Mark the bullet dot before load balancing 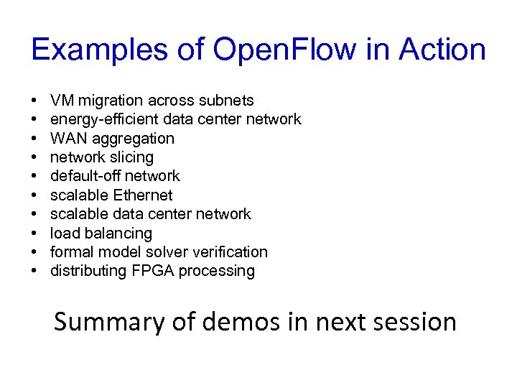[x=35, y=234]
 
